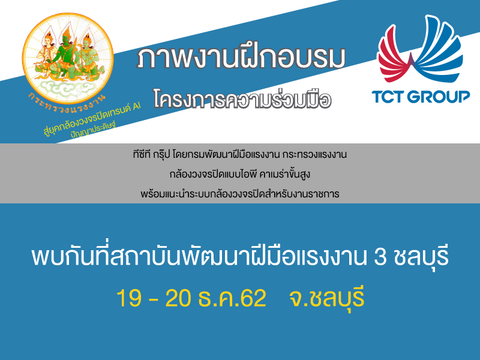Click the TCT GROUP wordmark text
(x=421, y=97)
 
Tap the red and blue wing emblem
(x=420, y=49)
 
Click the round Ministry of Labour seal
(x=68, y=58)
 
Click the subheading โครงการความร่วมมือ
(x=242, y=99)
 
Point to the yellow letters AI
(x=137, y=106)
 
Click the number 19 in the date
(x=129, y=298)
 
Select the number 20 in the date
(x=178, y=298)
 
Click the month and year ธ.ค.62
(x=232, y=298)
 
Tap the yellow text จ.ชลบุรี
(x=326, y=297)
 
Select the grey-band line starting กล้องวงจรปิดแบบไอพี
(x=239, y=174)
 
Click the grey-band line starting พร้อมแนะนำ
(x=239, y=193)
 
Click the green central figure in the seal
(x=65, y=52)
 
